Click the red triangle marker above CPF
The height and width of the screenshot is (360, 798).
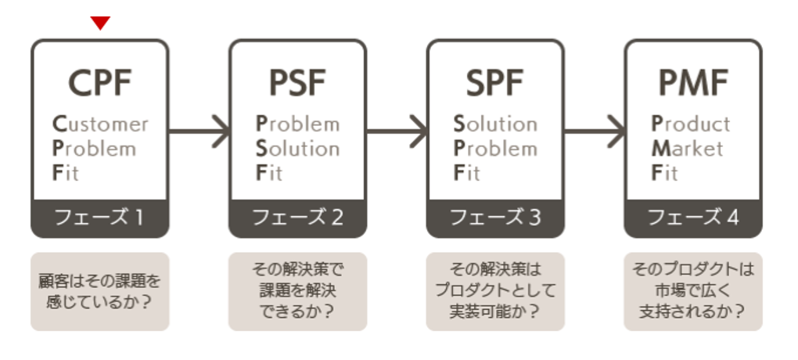coord(100,23)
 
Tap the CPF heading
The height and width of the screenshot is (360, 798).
coord(99,82)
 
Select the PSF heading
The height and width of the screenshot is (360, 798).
coord(297,82)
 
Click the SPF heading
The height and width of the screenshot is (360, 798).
coord(495,82)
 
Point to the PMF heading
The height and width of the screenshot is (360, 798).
coord(693,82)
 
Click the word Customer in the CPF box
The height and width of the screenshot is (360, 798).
coord(99,124)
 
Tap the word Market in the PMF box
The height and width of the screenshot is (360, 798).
coord(688,149)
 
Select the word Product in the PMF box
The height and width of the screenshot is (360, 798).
coord(691,124)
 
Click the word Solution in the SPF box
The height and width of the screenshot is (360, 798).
coord(495,124)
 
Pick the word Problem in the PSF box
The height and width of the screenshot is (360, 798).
coord(298,124)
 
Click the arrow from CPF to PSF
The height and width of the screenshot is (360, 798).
coord(199,130)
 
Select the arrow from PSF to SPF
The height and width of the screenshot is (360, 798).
coord(397,130)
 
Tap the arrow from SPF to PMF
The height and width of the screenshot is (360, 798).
coord(595,130)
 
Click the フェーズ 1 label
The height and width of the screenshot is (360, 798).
coord(99,218)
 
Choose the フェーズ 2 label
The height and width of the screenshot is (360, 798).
coord(297,218)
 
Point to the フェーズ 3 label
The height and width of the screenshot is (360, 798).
coord(495,218)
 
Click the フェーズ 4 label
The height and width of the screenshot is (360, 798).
coord(693,218)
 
